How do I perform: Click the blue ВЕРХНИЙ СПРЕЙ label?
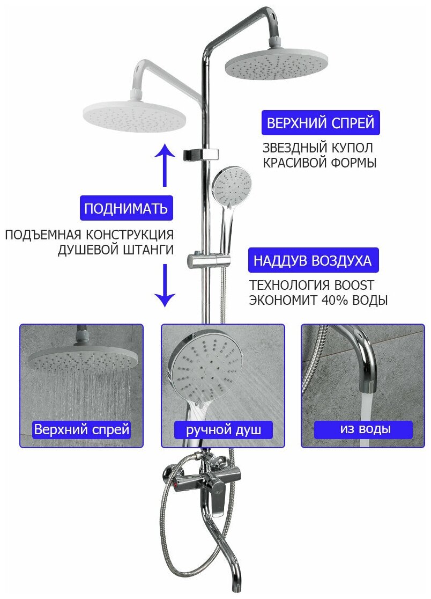tap(321, 123)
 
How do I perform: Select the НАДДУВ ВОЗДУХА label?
tap(313, 261)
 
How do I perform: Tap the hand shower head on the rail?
tap(232, 185)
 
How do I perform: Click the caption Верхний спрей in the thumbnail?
tap(81, 429)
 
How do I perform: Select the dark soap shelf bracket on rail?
tap(202, 154)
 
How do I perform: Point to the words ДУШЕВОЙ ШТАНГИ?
tap(116, 250)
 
